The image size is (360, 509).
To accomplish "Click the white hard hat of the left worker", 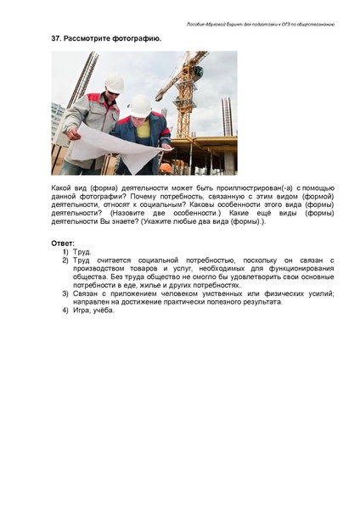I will [115, 84].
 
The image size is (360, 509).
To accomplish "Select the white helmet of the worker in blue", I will [140, 105].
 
